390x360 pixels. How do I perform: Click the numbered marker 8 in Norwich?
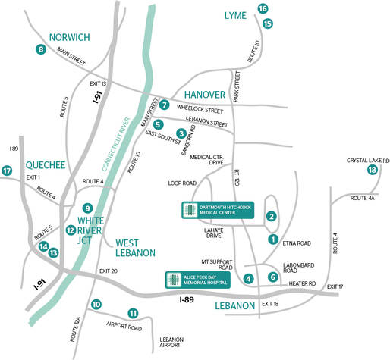click(x=40, y=50)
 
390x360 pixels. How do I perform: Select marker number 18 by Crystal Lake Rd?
click(x=372, y=171)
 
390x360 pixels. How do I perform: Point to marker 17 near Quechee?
click(x=7, y=171)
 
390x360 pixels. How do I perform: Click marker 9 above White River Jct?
click(x=88, y=208)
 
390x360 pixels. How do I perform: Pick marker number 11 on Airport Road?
click(x=133, y=313)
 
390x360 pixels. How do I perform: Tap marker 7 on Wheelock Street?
click(x=164, y=105)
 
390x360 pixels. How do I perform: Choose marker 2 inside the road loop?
click(x=270, y=216)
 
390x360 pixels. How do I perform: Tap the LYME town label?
click(x=234, y=15)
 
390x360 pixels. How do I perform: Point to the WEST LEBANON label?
click(x=135, y=248)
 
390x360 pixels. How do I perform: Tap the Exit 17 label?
click(x=335, y=286)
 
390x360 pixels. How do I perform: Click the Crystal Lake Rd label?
click(x=368, y=160)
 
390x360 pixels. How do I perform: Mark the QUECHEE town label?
click(x=26, y=163)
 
